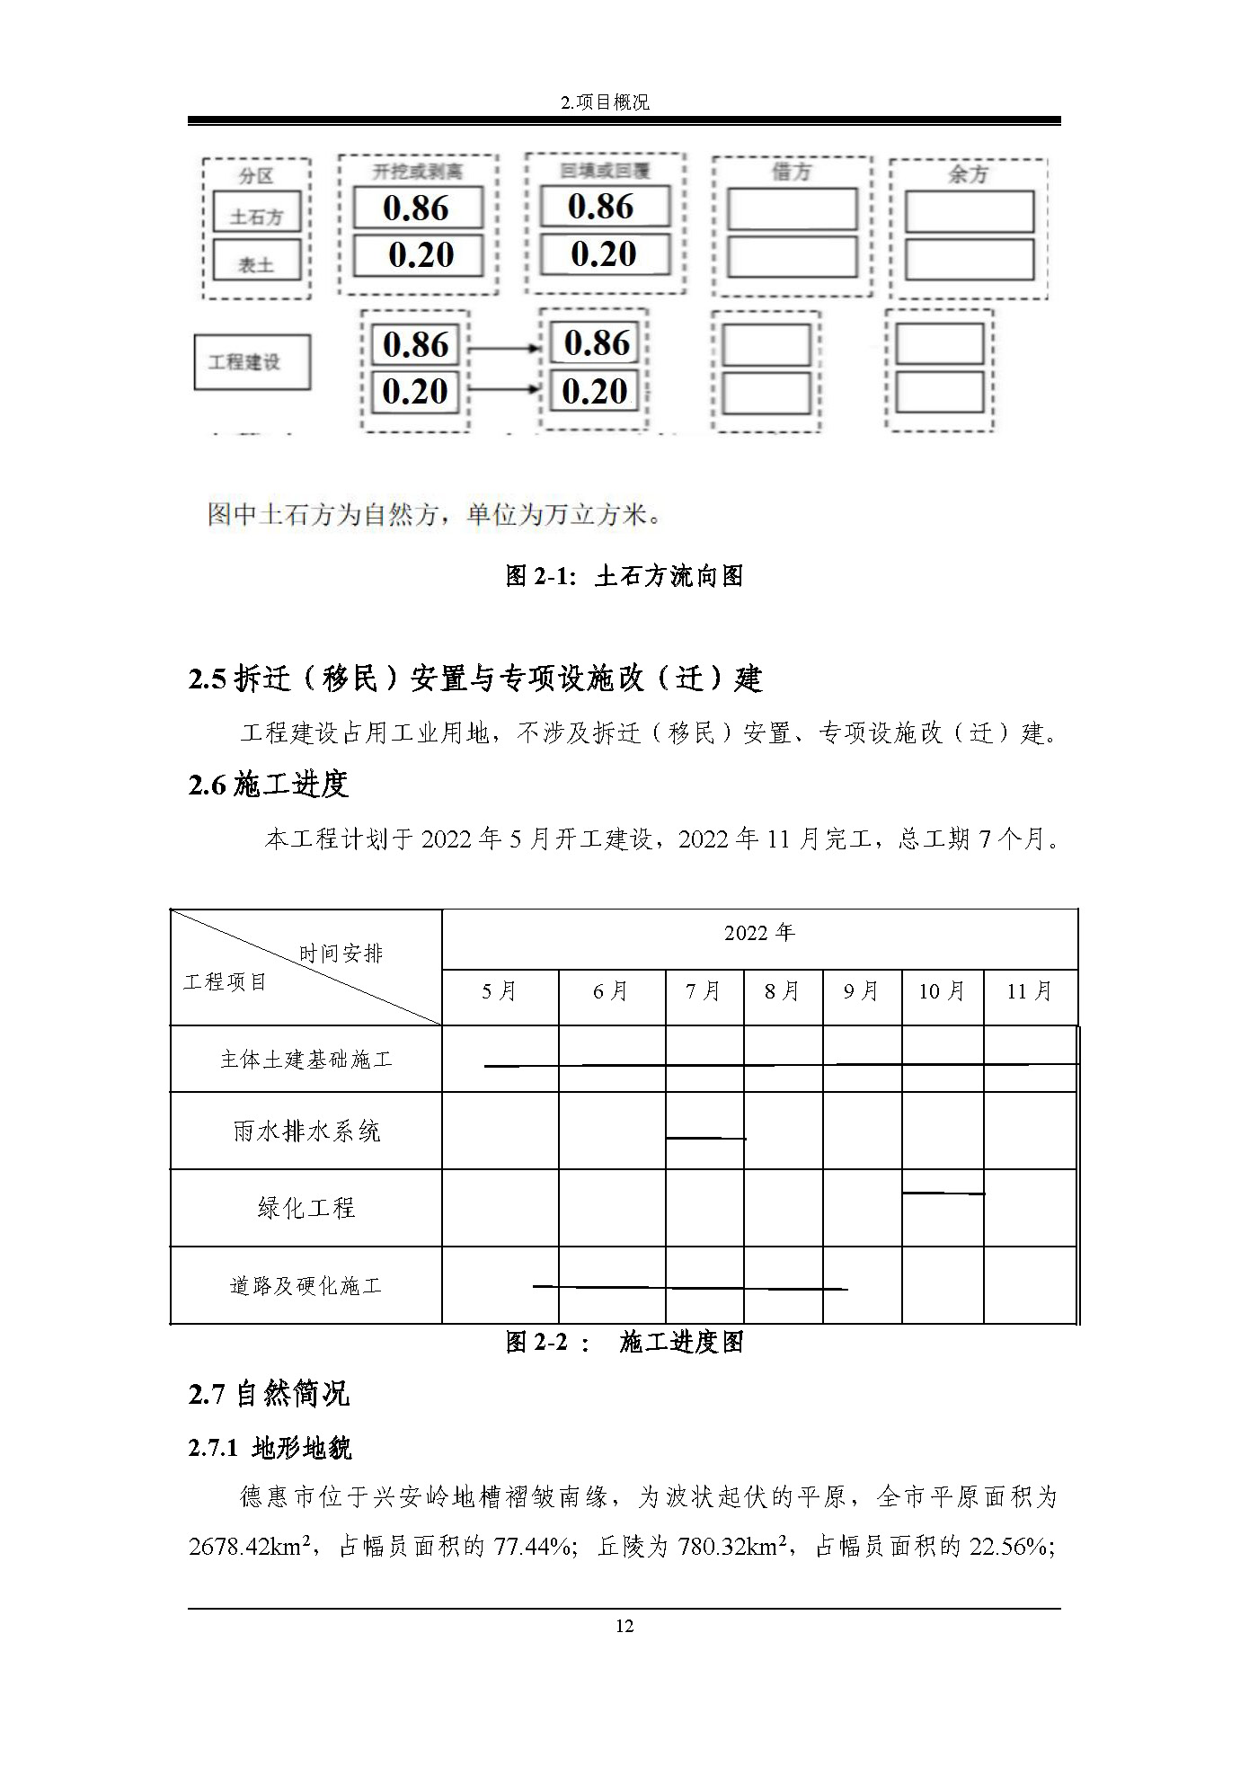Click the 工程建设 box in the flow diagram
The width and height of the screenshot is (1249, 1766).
click(252, 362)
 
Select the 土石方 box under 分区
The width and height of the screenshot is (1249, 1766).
click(256, 217)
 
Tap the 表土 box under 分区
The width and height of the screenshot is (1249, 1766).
click(256, 264)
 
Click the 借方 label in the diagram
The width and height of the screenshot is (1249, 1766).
click(791, 172)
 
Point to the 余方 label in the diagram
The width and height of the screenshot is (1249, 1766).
click(968, 174)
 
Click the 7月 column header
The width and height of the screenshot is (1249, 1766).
click(704, 991)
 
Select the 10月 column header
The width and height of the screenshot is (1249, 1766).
click(942, 991)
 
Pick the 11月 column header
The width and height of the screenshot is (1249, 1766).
click(1030, 991)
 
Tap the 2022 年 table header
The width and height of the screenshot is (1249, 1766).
click(759, 933)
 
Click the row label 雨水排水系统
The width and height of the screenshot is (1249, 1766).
click(306, 1131)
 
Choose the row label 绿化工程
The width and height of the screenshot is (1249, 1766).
click(306, 1208)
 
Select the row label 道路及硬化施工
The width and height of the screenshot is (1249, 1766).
click(306, 1286)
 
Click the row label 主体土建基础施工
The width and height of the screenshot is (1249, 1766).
click(306, 1060)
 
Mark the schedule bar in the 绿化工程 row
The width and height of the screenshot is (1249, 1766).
click(943, 1194)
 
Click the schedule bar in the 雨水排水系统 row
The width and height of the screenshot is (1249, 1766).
click(705, 1139)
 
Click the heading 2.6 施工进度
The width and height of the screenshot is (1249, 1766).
click(268, 785)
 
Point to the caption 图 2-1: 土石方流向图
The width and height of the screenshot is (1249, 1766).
click(624, 576)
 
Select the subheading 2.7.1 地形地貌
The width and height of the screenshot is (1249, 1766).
click(270, 1448)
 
